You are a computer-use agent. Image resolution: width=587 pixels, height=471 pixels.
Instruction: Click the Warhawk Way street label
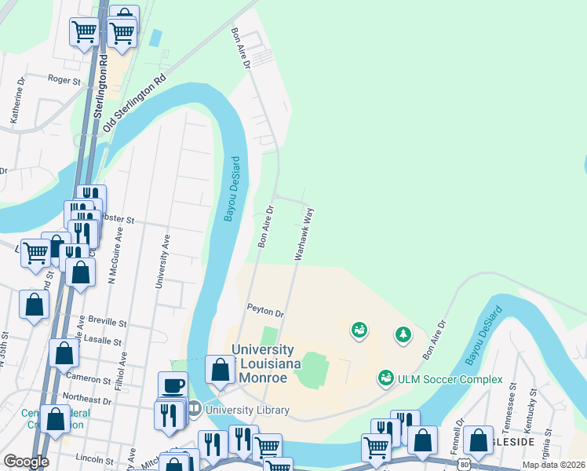304,234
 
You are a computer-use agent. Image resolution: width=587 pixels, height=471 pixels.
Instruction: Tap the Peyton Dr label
264,312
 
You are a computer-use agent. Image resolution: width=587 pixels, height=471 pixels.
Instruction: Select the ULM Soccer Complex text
450,379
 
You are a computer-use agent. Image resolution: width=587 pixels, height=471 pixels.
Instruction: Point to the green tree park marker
403,335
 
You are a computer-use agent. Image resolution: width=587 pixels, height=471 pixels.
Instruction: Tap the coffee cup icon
173,385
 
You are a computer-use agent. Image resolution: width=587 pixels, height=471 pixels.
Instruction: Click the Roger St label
64,79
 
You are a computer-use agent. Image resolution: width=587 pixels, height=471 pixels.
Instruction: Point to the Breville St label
108,322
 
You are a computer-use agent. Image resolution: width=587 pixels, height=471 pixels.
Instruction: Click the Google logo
26,461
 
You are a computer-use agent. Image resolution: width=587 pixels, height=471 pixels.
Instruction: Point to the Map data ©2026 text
552,465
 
